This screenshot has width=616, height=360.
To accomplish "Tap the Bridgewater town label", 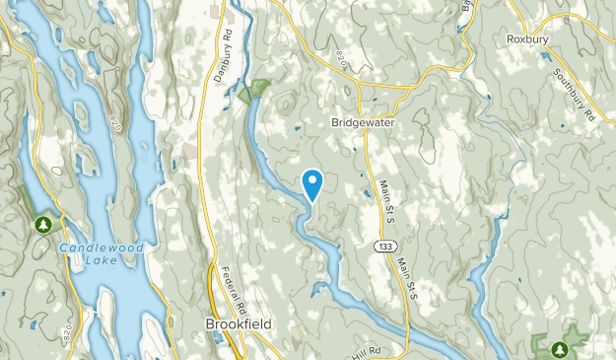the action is (x=361, y=123).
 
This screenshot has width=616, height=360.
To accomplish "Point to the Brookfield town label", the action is (x=239, y=323).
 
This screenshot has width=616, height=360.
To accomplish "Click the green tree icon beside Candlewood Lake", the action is (x=42, y=225).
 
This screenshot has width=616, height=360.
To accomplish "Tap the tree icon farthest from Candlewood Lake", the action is (x=559, y=348).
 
